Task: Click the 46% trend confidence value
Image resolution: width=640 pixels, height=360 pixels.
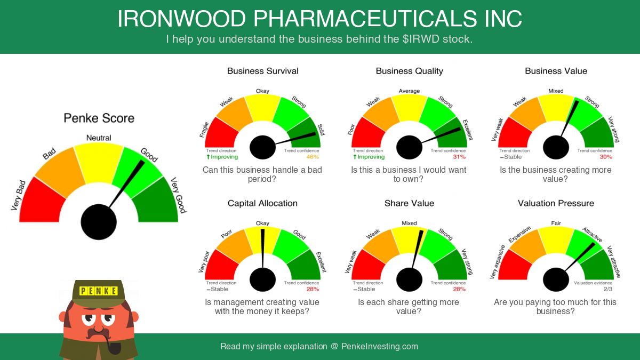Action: (313, 157)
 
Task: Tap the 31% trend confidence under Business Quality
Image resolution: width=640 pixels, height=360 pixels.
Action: (459, 157)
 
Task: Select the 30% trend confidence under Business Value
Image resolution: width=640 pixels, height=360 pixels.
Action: (606, 157)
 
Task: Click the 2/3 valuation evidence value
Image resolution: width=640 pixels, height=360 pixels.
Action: (608, 289)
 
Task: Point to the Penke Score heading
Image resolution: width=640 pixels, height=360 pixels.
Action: (99, 118)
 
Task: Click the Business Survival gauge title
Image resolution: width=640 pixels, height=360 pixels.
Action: (262, 71)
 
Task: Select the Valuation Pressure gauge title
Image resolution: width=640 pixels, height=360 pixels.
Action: (556, 203)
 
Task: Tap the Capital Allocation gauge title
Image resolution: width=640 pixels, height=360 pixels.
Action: (262, 203)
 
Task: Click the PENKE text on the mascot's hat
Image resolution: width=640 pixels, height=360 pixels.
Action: (99, 291)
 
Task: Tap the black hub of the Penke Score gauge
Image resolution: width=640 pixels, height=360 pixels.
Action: (99, 222)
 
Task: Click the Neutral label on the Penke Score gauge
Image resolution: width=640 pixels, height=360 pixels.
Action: (99, 138)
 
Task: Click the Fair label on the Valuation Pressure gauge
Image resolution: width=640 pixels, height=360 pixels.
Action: (556, 223)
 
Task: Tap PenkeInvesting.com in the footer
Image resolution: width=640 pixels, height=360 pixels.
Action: (380, 346)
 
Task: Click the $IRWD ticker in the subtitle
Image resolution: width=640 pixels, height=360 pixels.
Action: (421, 39)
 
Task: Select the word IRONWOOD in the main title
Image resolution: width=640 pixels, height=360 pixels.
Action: (182, 19)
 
